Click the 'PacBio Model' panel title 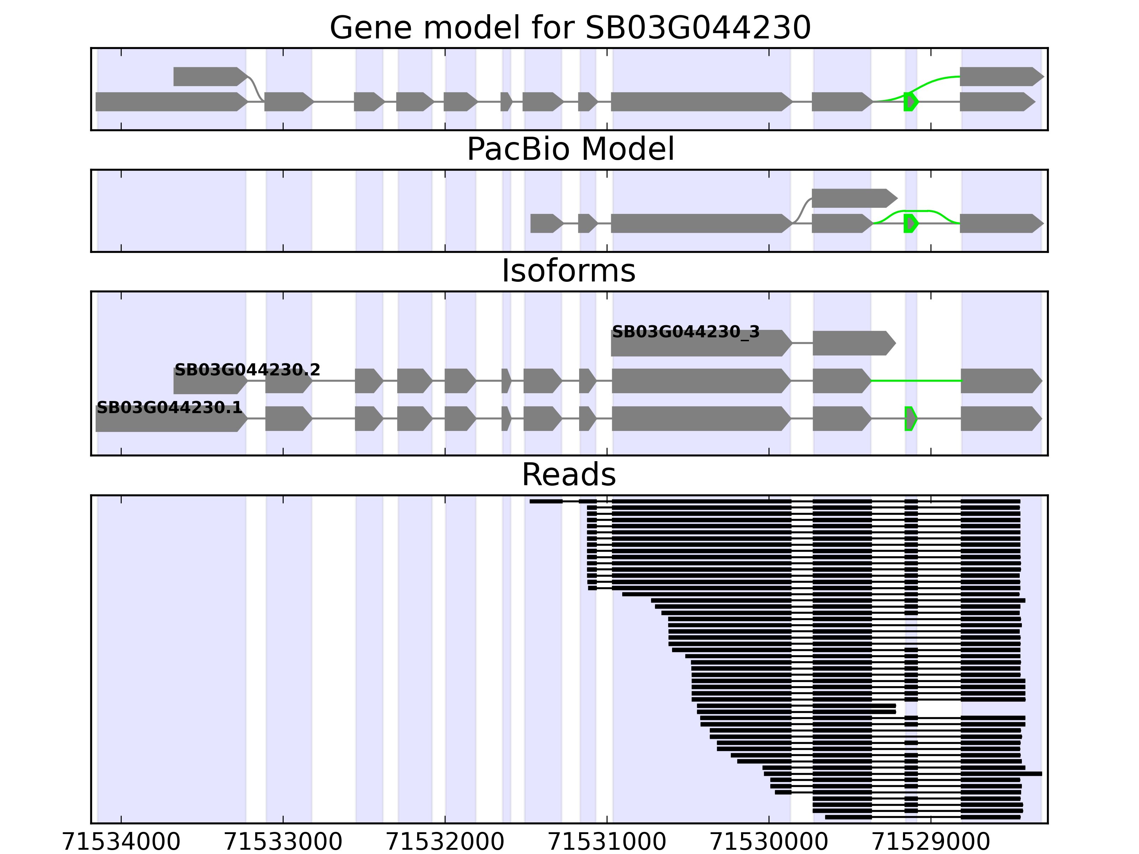pos(570,149)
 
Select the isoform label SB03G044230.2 pos(247,370)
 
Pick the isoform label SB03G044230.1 pos(169,408)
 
